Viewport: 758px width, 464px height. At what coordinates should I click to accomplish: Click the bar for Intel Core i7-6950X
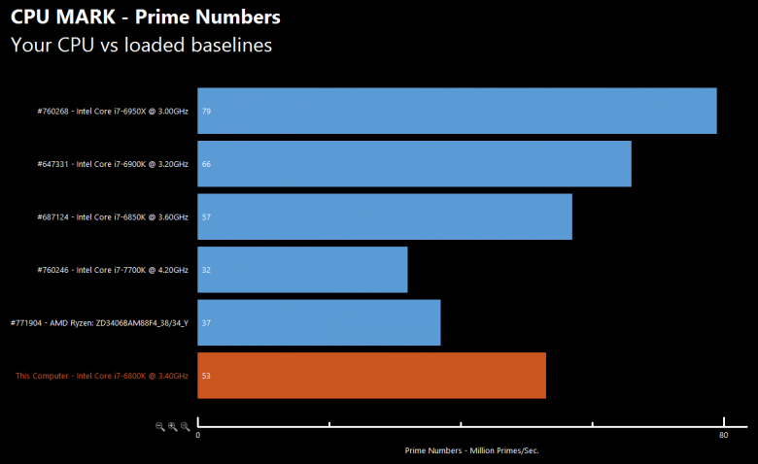pyautogui.click(x=457, y=111)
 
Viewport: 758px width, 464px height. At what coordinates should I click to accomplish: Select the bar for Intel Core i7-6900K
pyautogui.click(x=414, y=164)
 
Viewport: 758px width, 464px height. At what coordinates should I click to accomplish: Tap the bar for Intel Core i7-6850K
pyautogui.click(x=384, y=216)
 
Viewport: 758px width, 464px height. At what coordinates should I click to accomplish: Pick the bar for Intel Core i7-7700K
pyautogui.click(x=302, y=269)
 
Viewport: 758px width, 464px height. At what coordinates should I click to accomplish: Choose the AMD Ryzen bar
pyautogui.click(x=319, y=322)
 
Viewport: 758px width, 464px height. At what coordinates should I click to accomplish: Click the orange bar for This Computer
pyautogui.click(x=371, y=375)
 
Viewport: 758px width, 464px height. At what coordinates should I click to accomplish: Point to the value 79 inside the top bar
pyautogui.click(x=206, y=112)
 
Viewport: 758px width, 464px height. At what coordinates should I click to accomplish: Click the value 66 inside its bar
pyautogui.click(x=206, y=164)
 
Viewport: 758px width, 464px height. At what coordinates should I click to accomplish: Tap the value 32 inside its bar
pyautogui.click(x=206, y=270)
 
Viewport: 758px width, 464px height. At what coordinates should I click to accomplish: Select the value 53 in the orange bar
pyautogui.click(x=206, y=376)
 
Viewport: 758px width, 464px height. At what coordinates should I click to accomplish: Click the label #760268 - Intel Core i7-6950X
pyautogui.click(x=112, y=112)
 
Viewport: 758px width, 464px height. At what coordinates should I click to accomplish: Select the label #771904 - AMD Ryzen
pyautogui.click(x=98, y=322)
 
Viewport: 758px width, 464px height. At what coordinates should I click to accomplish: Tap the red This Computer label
pyautogui.click(x=101, y=376)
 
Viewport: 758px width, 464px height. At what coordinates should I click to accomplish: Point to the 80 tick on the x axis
pyautogui.click(x=723, y=436)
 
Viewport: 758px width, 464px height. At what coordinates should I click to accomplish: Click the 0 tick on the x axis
pyautogui.click(x=198, y=436)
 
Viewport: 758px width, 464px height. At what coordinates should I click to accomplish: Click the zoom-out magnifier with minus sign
pyautogui.click(x=160, y=426)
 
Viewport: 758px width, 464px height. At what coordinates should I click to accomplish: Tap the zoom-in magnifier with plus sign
pyautogui.click(x=172, y=426)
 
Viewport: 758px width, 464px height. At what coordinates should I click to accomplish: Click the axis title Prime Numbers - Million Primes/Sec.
pyautogui.click(x=471, y=451)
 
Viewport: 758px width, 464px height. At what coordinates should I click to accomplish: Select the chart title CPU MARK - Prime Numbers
pyautogui.click(x=146, y=17)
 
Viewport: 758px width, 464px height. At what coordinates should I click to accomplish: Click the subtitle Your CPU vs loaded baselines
pyautogui.click(x=141, y=45)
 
